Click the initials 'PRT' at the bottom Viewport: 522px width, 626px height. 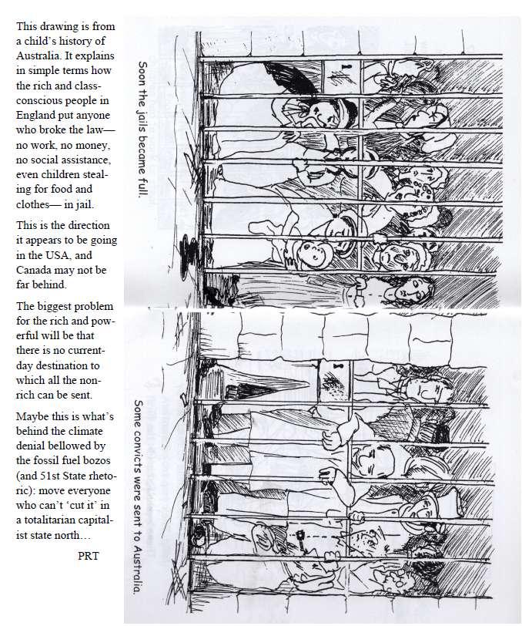click(90, 555)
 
